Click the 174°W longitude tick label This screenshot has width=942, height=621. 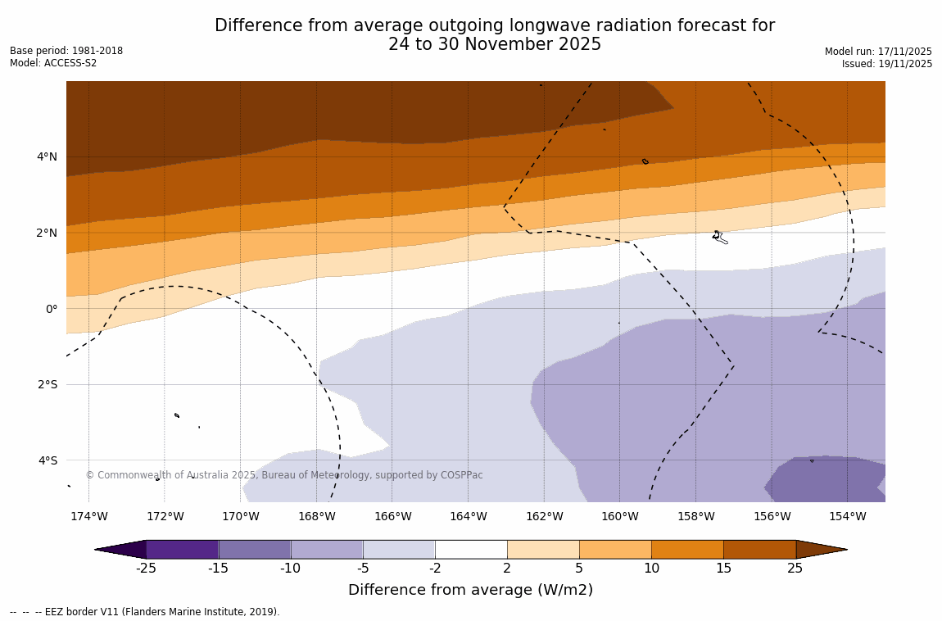(x=88, y=516)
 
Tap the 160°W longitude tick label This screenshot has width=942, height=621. (x=619, y=516)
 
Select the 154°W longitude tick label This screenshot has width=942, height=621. (x=847, y=516)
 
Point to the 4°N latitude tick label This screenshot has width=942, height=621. (x=47, y=156)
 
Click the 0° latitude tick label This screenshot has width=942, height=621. (x=52, y=309)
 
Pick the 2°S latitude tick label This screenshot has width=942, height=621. (x=47, y=384)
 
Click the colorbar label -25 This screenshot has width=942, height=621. (x=146, y=569)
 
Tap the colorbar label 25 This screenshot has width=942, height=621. (x=795, y=569)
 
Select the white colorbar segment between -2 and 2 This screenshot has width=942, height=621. (x=471, y=549)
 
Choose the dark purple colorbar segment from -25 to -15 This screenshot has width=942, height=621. (x=182, y=549)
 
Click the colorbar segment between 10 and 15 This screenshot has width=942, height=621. (x=687, y=549)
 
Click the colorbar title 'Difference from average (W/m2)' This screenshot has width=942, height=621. (x=470, y=590)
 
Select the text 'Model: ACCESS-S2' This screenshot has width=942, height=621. (x=53, y=64)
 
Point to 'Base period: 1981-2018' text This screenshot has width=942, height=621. (x=66, y=51)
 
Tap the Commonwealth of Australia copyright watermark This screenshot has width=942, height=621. (x=284, y=475)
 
